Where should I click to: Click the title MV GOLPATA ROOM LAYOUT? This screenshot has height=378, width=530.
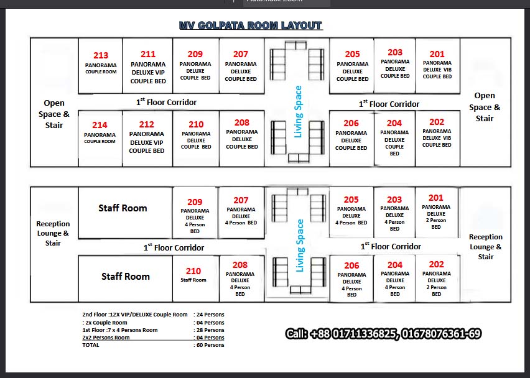pyautogui.click(x=251, y=25)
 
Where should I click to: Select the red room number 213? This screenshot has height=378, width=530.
pyautogui.click(x=101, y=55)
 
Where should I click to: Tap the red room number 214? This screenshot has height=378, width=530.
pyautogui.click(x=100, y=125)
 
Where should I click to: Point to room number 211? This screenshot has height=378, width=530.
pyautogui.click(x=148, y=54)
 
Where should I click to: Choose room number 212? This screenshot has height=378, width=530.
pyautogui.click(x=147, y=124)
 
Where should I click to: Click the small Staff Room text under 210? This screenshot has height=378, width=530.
pyautogui.click(x=193, y=280)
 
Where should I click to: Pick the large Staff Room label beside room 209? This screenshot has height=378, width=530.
pyautogui.click(x=123, y=208)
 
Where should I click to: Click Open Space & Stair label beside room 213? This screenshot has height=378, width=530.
pyautogui.click(x=54, y=114)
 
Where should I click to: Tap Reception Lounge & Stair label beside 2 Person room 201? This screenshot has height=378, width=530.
pyautogui.click(x=486, y=247)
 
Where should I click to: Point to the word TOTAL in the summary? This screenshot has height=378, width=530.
pyautogui.click(x=91, y=345)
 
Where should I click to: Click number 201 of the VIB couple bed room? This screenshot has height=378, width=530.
pyautogui.click(x=437, y=54)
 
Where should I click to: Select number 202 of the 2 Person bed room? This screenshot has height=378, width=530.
pyautogui.click(x=436, y=264)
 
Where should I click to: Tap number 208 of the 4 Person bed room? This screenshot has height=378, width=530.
pyautogui.click(x=240, y=265)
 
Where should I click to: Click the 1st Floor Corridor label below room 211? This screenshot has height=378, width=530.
pyautogui.click(x=166, y=102)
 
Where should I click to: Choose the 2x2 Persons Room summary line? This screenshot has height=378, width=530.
pyautogui.click(x=106, y=338)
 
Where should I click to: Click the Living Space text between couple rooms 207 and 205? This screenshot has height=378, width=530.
pyautogui.click(x=298, y=112)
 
